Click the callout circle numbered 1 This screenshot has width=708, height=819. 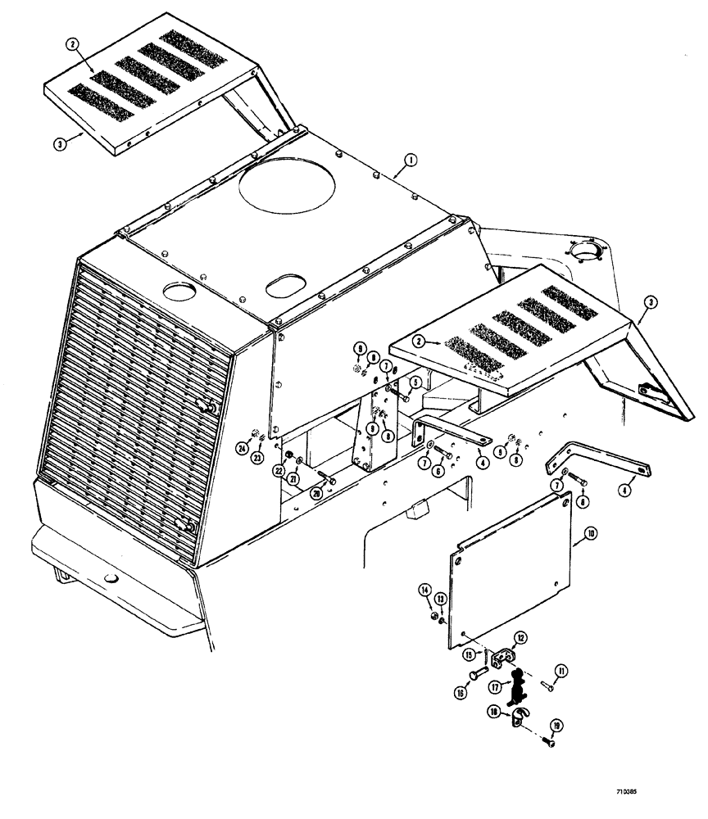click(x=409, y=158)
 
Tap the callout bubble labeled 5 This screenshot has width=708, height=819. click(x=416, y=382)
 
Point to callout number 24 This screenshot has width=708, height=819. click(x=243, y=448)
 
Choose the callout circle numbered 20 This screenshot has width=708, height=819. click(x=315, y=493)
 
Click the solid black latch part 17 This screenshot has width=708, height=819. click(x=515, y=689)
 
